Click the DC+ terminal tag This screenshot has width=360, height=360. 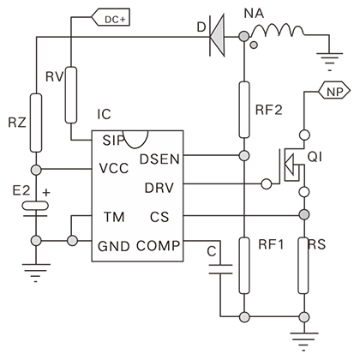(x=111, y=19)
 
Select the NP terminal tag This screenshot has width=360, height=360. (x=334, y=92)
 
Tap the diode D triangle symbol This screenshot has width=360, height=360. (x=217, y=36)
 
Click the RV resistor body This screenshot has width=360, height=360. (x=71, y=95)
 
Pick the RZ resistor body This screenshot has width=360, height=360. (x=36, y=123)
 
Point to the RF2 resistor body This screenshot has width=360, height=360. (x=244, y=110)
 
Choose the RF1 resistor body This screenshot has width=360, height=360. (x=244, y=266)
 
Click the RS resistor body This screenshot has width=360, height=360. (x=303, y=266)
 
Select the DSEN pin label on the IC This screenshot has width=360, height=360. (x=159, y=159)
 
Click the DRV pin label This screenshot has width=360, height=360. (x=159, y=188)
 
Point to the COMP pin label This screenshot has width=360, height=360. (x=159, y=246)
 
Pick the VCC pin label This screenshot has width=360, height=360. (x=114, y=168)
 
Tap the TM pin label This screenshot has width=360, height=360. (x=114, y=217)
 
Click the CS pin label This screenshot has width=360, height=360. (x=159, y=217)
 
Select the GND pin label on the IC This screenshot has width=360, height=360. (x=114, y=246)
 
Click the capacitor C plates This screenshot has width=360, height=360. (x=220, y=269)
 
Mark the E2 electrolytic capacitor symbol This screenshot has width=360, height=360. (x=35, y=208)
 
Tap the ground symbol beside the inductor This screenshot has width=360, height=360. (x=329, y=61)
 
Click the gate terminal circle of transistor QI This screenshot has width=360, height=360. (x=267, y=184)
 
